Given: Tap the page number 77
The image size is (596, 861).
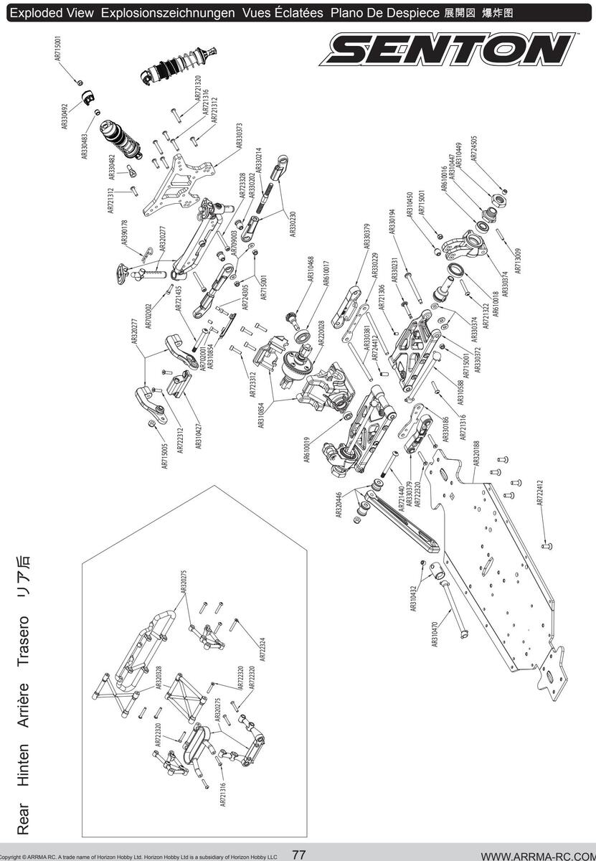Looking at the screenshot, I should click(x=299, y=855).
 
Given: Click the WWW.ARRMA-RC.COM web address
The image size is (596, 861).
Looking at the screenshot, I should click(x=538, y=855).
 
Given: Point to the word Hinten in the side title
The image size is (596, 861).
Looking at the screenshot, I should click(x=22, y=763).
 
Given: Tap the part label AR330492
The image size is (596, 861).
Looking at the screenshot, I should click(x=65, y=116).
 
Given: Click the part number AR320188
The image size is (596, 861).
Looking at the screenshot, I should click(x=476, y=454).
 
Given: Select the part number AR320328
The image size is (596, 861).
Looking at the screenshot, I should click(x=159, y=678).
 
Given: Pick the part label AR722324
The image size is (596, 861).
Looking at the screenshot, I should click(x=261, y=650).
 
